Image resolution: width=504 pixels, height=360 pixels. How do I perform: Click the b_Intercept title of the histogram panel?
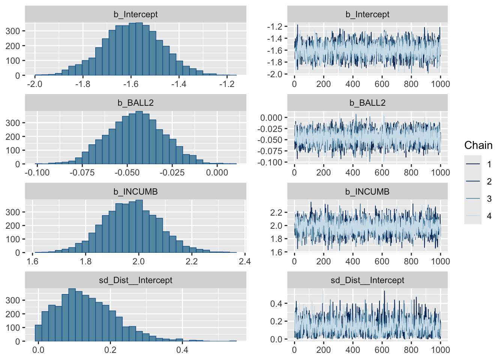pyautogui.click(x=136, y=14)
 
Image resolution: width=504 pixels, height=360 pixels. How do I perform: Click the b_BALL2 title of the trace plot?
pyautogui.click(x=367, y=103)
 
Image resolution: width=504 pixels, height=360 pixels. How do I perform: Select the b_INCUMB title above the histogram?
pyautogui.click(x=136, y=192)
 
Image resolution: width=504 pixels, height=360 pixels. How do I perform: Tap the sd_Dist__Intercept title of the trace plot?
pyautogui.click(x=367, y=280)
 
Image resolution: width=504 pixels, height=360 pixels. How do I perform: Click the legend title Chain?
pyautogui.click(x=478, y=145)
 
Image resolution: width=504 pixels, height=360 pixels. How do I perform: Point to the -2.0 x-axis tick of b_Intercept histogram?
pyautogui.click(x=34, y=84)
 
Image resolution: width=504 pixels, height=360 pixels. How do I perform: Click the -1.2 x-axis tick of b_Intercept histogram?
pyautogui.click(x=226, y=84)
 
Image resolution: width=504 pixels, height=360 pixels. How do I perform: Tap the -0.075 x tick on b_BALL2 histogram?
pyautogui.click(x=82, y=172)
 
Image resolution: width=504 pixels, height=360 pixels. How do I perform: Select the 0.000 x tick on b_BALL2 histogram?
pyautogui.click(x=217, y=172)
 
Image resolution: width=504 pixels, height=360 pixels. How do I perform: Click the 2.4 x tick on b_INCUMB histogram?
pyautogui.click(x=244, y=261)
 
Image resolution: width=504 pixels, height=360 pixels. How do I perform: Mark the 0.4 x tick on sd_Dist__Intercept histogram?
pyautogui.click(x=182, y=350)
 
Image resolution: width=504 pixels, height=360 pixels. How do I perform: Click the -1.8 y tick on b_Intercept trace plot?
pyautogui.click(x=274, y=62)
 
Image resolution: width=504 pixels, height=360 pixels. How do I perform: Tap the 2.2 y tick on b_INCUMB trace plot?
pyautogui.click(x=276, y=213)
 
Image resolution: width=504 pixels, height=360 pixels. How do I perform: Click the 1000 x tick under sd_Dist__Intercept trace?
pyautogui.click(x=440, y=350)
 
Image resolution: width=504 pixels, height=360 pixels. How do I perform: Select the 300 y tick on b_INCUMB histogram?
pyautogui.click(x=13, y=212)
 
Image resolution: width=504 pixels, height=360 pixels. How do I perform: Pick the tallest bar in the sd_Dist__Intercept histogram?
pyautogui.click(x=72, y=315)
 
